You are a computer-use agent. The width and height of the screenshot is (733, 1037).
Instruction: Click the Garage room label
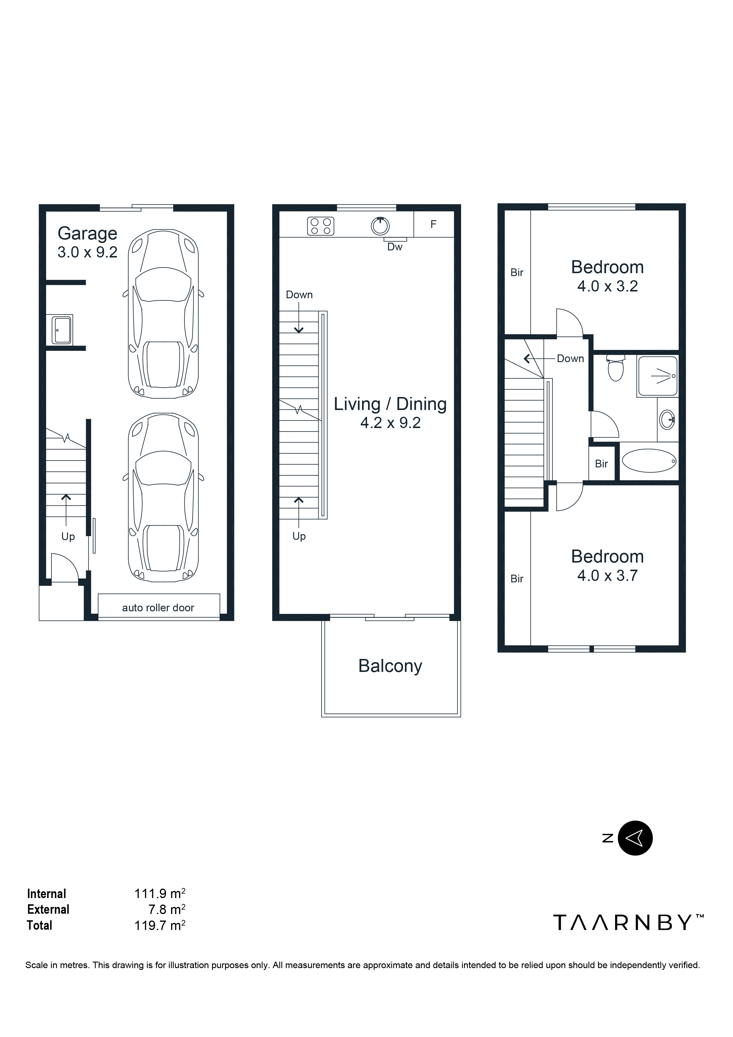coord(87,234)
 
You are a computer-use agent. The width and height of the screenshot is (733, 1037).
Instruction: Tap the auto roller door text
coord(158,608)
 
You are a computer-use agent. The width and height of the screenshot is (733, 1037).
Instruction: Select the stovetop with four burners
coord(321,226)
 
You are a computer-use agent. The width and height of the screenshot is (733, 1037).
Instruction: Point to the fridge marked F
coord(434,224)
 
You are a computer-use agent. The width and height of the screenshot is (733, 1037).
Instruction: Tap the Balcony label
coord(390,666)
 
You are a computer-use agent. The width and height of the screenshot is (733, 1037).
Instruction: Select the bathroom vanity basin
coord(667,419)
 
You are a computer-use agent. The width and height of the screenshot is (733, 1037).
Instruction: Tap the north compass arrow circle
coord(635,838)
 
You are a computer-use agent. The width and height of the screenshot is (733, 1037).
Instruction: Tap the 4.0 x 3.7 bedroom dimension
coord(607,576)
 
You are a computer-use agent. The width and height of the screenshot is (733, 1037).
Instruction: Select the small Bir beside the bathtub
coord(601,464)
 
